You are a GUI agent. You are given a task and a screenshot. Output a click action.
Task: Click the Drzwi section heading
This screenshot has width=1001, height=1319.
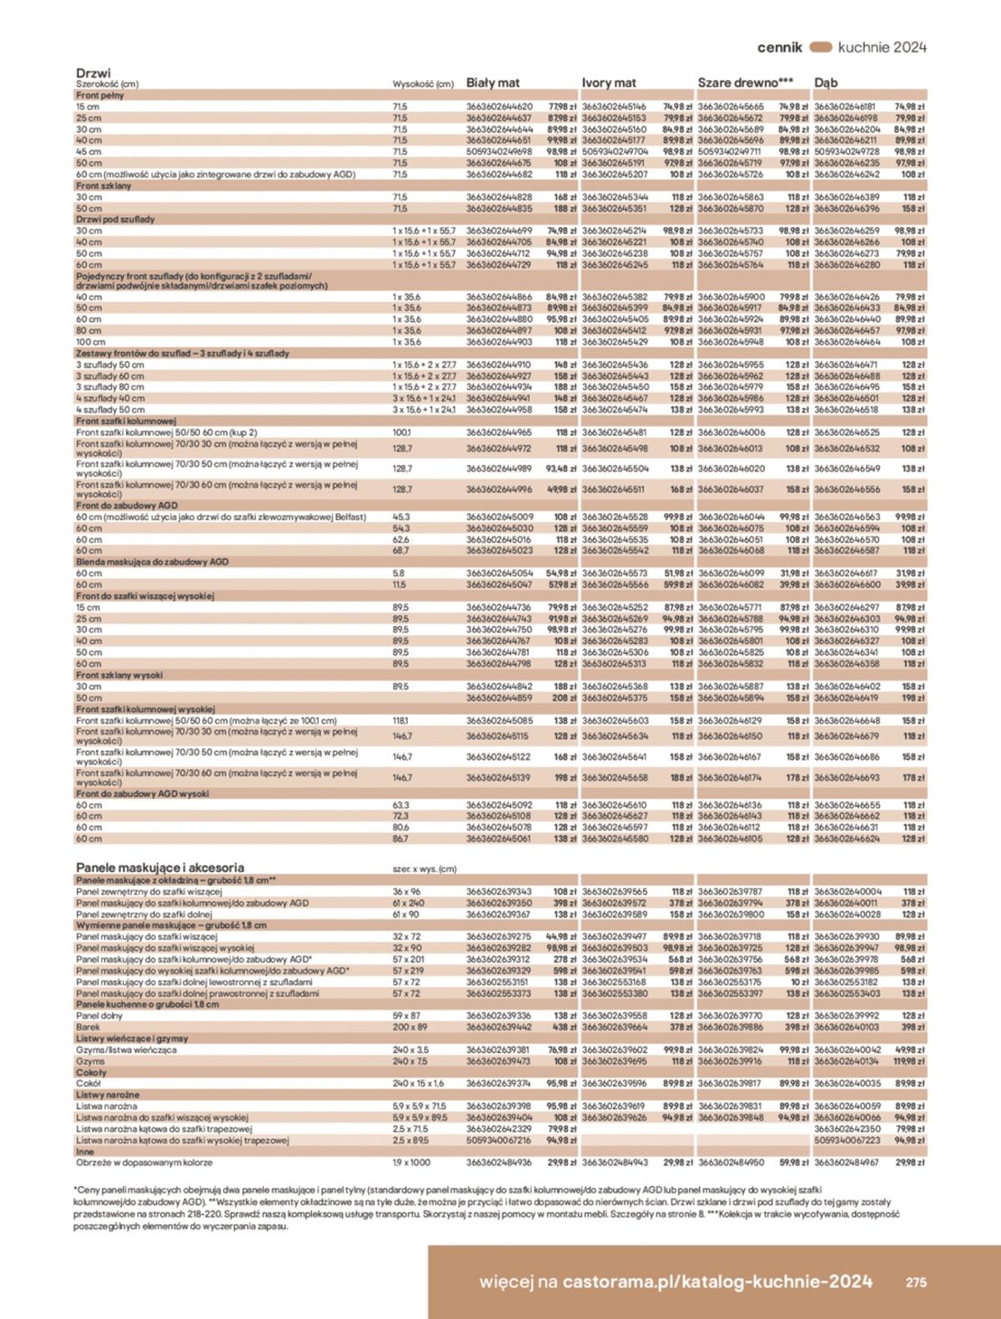[x=93, y=73]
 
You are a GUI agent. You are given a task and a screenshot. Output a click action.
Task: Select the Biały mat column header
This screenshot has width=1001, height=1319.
[x=493, y=83]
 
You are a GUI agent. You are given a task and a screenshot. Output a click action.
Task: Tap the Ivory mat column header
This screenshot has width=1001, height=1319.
[x=609, y=83]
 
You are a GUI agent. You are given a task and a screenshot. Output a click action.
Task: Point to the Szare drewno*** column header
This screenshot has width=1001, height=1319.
[x=745, y=83]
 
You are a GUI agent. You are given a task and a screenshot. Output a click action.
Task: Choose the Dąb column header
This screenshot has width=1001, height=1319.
[x=826, y=83]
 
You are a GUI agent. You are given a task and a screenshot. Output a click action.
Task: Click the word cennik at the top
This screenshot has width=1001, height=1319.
[x=779, y=48]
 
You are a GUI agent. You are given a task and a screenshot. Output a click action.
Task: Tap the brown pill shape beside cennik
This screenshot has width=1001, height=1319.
[x=821, y=48]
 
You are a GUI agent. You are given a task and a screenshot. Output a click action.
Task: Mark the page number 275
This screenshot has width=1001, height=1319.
[x=916, y=1282]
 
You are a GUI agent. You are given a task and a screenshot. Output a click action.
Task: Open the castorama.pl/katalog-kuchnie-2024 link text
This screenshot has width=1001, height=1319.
[x=717, y=1281]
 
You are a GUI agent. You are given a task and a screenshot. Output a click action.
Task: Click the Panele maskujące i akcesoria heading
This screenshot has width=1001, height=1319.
[x=160, y=868]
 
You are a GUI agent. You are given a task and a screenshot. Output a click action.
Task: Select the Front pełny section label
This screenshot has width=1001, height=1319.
[x=100, y=95]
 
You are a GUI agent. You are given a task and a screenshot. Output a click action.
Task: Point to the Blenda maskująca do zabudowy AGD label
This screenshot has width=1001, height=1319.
[x=152, y=562]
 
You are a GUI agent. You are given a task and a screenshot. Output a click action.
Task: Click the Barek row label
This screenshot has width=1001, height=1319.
[x=88, y=1028]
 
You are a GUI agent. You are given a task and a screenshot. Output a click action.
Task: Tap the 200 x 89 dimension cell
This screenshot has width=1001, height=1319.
[x=410, y=1028]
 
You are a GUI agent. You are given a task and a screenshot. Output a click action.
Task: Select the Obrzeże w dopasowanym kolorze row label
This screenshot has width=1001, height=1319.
[x=144, y=1162]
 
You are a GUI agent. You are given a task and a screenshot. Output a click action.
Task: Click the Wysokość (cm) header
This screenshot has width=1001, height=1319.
[x=423, y=84]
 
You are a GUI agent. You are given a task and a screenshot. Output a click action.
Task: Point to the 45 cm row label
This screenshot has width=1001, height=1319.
[x=88, y=152]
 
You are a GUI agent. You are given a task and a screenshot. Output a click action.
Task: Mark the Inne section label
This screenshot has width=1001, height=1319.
[x=85, y=1151]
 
